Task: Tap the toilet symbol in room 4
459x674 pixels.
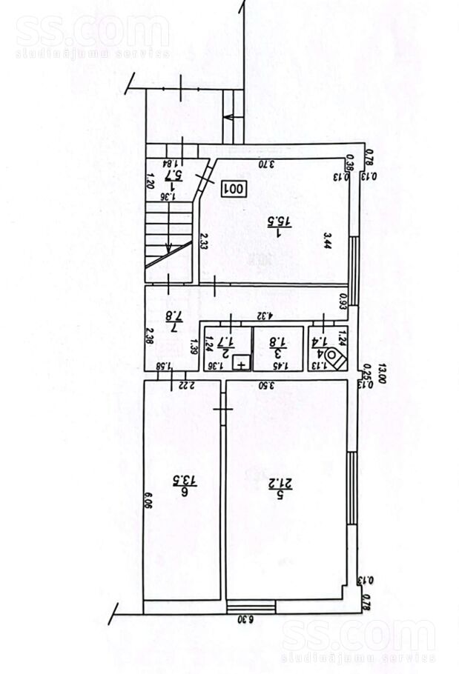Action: tap(336, 358)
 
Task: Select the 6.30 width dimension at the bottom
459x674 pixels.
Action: tap(245, 619)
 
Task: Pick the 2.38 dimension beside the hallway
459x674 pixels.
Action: tap(149, 337)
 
